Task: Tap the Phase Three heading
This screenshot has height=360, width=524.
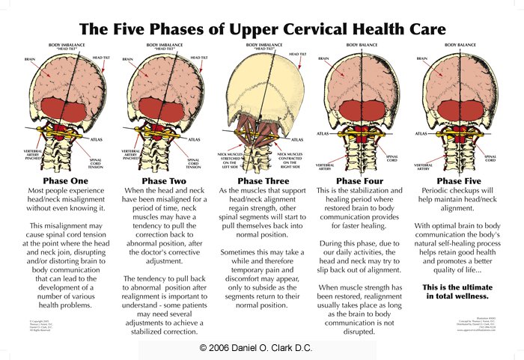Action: pos(261,180)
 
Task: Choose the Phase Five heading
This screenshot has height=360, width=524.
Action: pos(460,180)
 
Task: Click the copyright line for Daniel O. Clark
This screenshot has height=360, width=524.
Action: pos(261,349)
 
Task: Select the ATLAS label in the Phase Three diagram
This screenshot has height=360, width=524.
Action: pos(297,139)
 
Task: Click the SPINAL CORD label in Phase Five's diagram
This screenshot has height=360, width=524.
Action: pos(490,158)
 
